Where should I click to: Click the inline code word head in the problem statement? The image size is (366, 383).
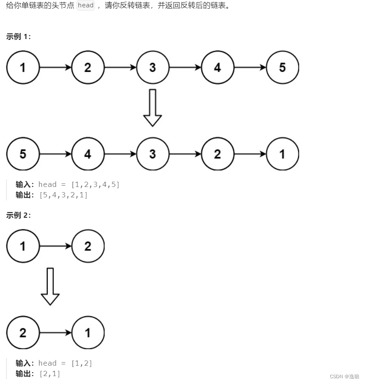click(x=86, y=6)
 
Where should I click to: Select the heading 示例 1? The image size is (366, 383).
click(x=18, y=37)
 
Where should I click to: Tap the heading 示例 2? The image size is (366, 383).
click(x=18, y=216)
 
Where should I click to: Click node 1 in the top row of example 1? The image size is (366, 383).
click(x=23, y=68)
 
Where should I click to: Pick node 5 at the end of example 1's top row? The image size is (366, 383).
click(x=282, y=68)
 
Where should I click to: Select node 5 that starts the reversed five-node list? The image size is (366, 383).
click(x=23, y=154)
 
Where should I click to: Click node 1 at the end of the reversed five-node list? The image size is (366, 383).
click(x=282, y=154)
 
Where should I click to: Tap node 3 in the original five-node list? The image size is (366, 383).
click(x=152, y=68)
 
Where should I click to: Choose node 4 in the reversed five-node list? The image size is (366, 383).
click(x=88, y=154)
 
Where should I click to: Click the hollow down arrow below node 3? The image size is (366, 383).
click(x=152, y=108)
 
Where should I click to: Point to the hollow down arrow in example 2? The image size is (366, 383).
click(x=50, y=286)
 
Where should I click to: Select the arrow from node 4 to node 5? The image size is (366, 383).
click(x=250, y=68)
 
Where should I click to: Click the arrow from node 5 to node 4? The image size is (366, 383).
click(x=56, y=154)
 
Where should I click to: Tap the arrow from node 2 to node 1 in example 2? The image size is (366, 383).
click(x=56, y=333)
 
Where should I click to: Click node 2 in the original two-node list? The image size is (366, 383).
click(x=88, y=246)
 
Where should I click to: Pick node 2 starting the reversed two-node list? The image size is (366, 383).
click(x=23, y=333)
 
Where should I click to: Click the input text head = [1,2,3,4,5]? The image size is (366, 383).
click(x=79, y=185)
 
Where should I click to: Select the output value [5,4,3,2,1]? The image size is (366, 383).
click(x=63, y=195)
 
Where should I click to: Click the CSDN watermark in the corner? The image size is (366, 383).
click(x=344, y=376)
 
